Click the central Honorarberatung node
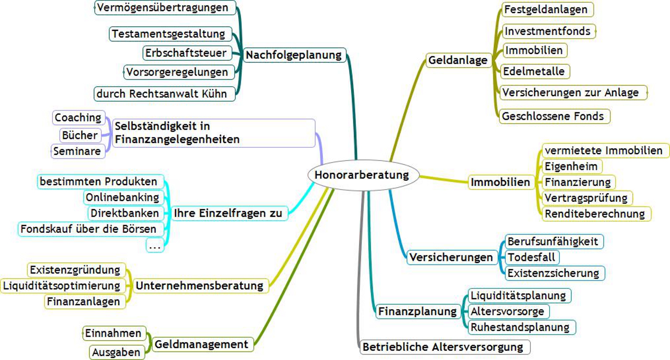coord(362,175)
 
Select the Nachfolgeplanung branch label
coord(294,55)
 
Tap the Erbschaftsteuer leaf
coord(186,53)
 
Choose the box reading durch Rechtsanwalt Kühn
coord(162,94)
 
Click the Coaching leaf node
coord(78,118)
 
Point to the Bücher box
coord(80,135)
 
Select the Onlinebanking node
coord(122,197)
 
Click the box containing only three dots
coord(155,246)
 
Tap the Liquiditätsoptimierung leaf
coord(62,286)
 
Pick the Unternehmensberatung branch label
coord(199,286)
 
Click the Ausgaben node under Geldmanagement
coord(116,352)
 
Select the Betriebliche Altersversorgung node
coord(443,347)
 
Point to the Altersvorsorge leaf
coord(507,312)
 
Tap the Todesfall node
coord(532,257)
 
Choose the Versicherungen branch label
coord(451,258)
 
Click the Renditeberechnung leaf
coord(595,214)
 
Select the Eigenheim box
coord(571,167)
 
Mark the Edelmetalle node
coord(534,72)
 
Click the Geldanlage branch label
coord(458,60)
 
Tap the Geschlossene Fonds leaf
coord(553,116)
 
